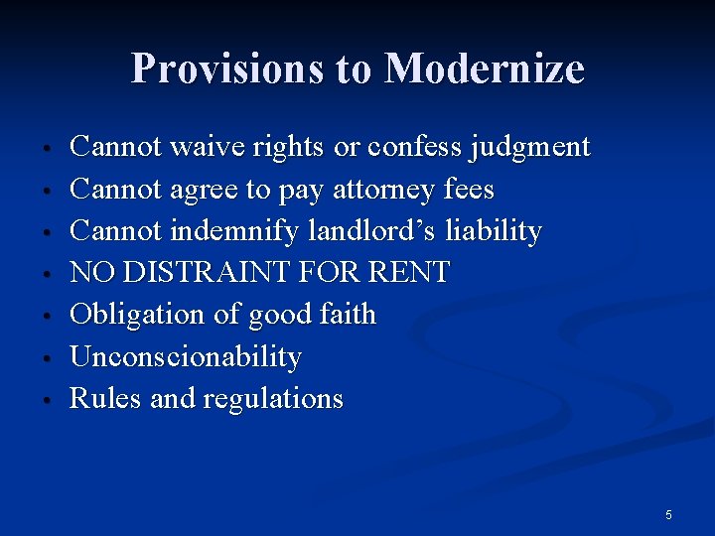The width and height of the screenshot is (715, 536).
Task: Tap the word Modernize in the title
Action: pos(484,68)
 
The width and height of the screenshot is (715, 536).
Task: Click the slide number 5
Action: pos(668,514)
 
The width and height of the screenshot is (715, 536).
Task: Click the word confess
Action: pos(416,148)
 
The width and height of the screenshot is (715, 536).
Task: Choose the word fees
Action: pos(471,190)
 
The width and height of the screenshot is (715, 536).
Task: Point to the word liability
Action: pos(493,231)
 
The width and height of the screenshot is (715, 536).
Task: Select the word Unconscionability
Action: pos(186,356)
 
